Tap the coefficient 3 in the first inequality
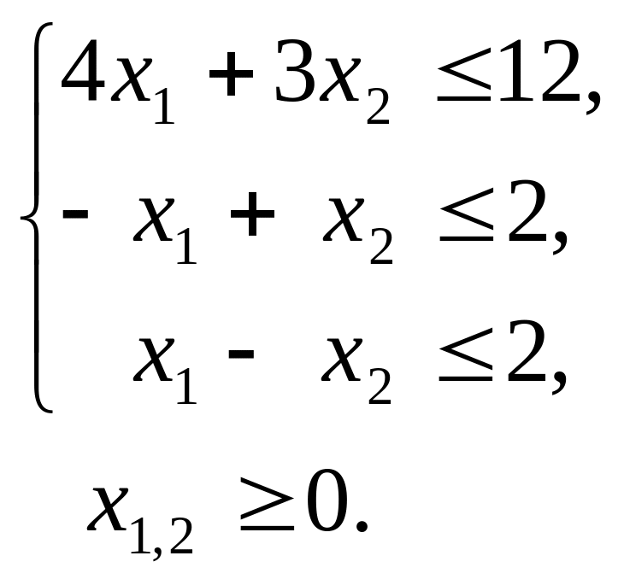click(293, 75)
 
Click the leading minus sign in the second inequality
click(76, 214)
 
